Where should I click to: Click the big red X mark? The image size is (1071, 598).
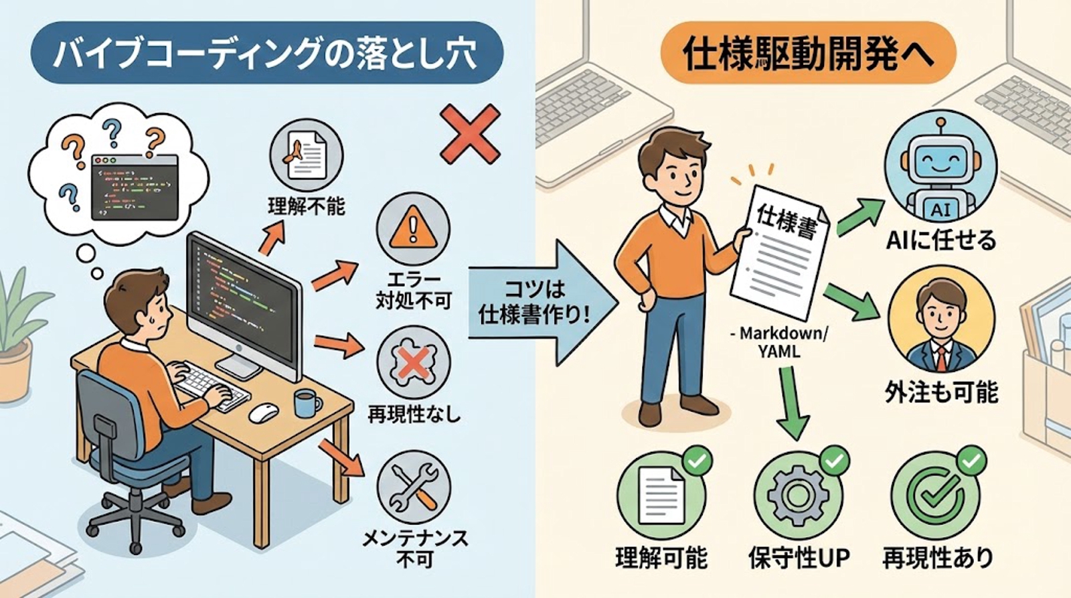(x=471, y=134)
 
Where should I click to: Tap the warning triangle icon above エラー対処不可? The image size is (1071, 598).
(x=413, y=230)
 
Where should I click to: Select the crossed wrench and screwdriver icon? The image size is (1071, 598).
(x=413, y=487)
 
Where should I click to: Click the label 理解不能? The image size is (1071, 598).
(x=306, y=206)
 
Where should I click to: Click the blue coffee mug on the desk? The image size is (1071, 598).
(x=307, y=403)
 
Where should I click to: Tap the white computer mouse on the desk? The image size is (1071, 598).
(x=264, y=413)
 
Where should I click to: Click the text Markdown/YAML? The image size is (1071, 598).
(x=782, y=342)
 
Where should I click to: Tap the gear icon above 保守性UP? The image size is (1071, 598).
(x=798, y=496)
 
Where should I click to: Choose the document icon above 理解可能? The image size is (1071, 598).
(x=661, y=496)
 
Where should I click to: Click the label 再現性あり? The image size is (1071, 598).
(x=937, y=557)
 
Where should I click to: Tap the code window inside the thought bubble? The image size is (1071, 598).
(x=135, y=187)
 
